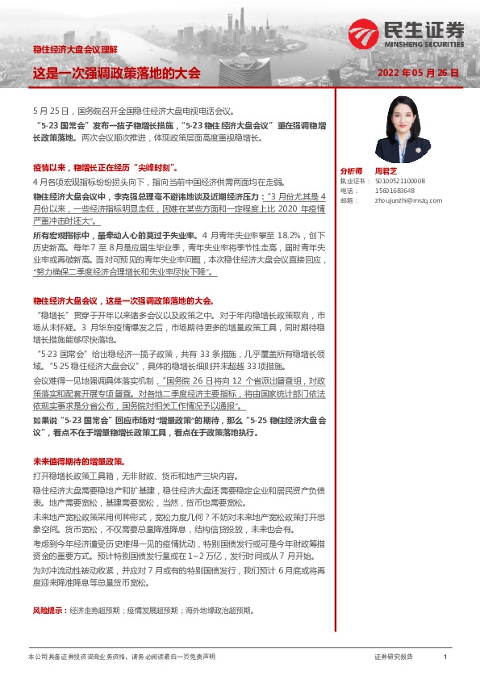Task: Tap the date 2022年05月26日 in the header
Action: coord(419,73)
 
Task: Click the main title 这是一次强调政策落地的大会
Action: coord(116,73)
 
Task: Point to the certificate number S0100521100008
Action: coord(399,181)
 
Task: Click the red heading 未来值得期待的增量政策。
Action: coord(77,460)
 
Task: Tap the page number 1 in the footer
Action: coord(445,657)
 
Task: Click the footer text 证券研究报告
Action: coord(393,657)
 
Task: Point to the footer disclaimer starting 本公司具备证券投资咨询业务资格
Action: coord(122,657)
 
